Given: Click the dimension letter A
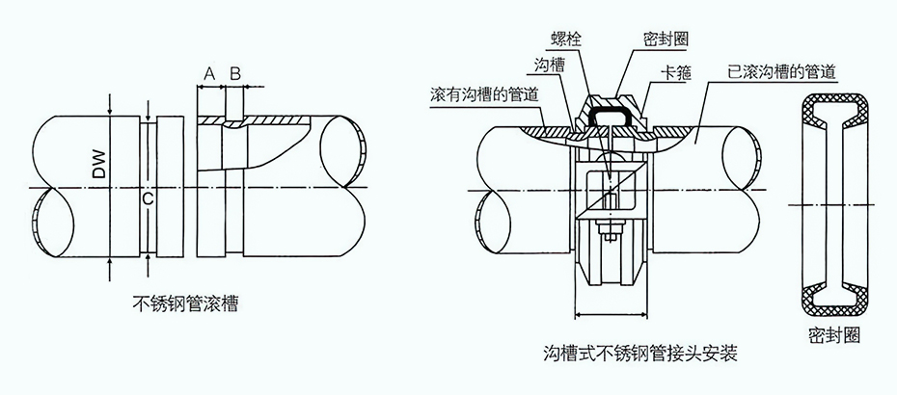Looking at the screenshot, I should [208, 72].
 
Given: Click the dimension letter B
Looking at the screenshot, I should [234, 72].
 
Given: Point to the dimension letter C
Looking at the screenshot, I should [147, 198].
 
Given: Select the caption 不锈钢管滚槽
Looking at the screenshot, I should [185, 304].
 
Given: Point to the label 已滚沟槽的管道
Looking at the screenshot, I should [781, 71].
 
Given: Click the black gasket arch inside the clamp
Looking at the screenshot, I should [617, 113].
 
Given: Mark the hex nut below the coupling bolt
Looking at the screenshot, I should [611, 231].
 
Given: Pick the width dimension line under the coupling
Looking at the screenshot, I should [610, 314].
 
